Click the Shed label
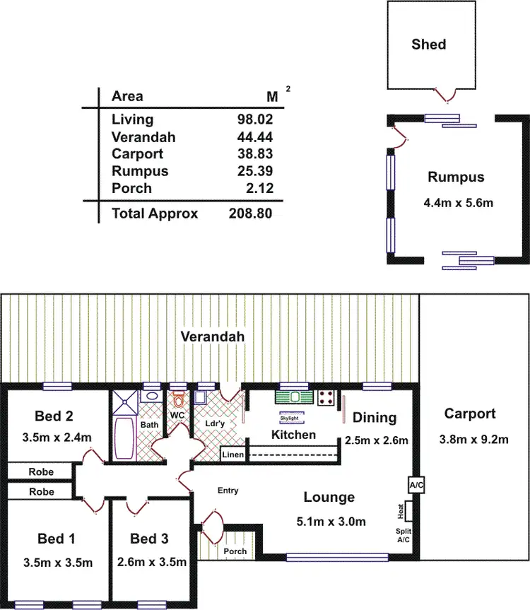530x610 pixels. pyautogui.click(x=429, y=45)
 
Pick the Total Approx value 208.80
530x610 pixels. pyautogui.click(x=250, y=213)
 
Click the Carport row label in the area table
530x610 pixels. pyautogui.click(x=137, y=153)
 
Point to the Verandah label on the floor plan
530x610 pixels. pyautogui.click(x=211, y=336)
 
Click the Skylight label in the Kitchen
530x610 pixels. pyautogui.click(x=290, y=418)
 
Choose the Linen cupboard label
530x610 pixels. pyautogui.click(x=233, y=454)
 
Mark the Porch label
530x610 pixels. pyautogui.click(x=235, y=551)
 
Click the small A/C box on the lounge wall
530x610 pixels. pyautogui.click(x=416, y=486)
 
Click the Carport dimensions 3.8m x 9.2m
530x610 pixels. pyautogui.click(x=476, y=440)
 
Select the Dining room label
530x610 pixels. pyautogui.click(x=375, y=418)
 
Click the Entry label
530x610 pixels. pyautogui.click(x=228, y=491)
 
